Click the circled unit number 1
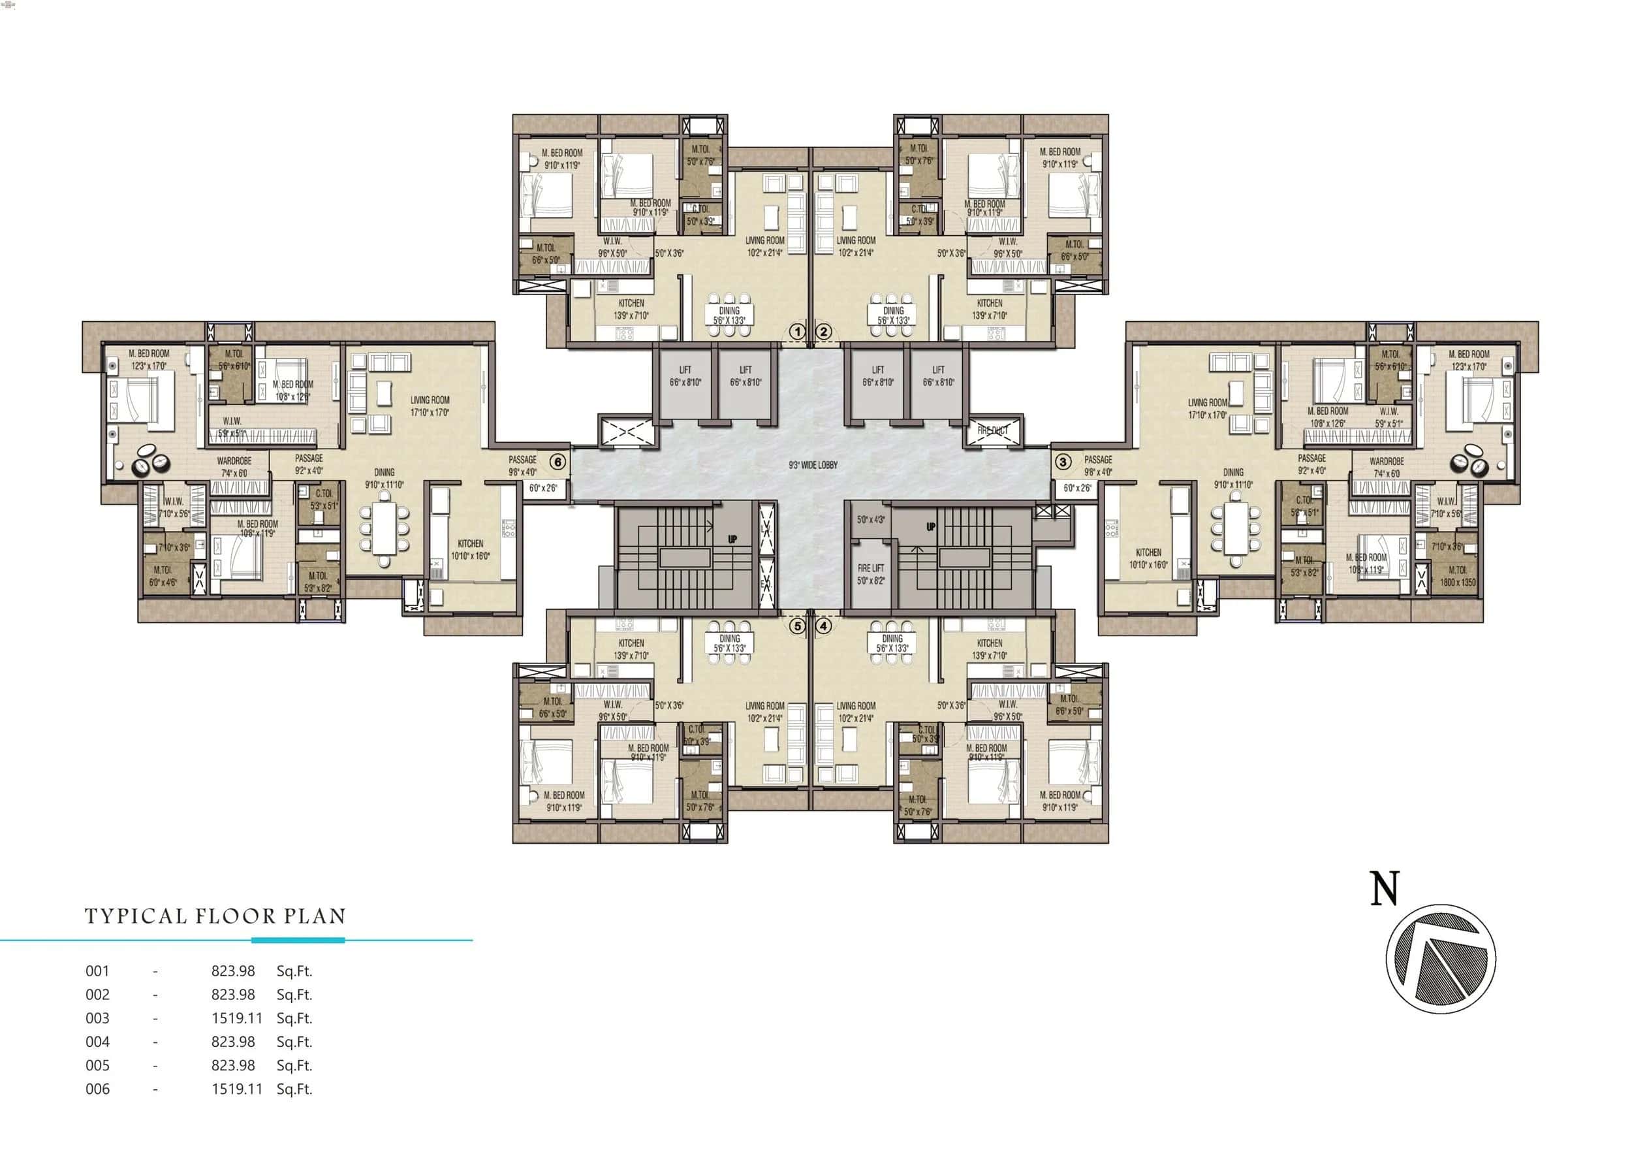pos(797,331)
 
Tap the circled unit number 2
pos(824,331)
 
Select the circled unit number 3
pos(1063,462)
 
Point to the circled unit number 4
pos(824,626)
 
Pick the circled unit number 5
pos(797,626)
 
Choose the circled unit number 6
pos(558,462)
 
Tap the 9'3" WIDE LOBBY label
pos(813,465)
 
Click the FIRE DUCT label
pos(993,430)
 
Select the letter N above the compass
pos(1384,889)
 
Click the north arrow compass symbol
pos(1441,959)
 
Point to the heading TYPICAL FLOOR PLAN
pos(215,916)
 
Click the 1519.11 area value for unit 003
pos(237,1018)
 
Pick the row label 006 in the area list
pos(97,1089)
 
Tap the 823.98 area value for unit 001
pos(233,970)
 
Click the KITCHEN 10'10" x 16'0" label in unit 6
pos(470,550)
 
